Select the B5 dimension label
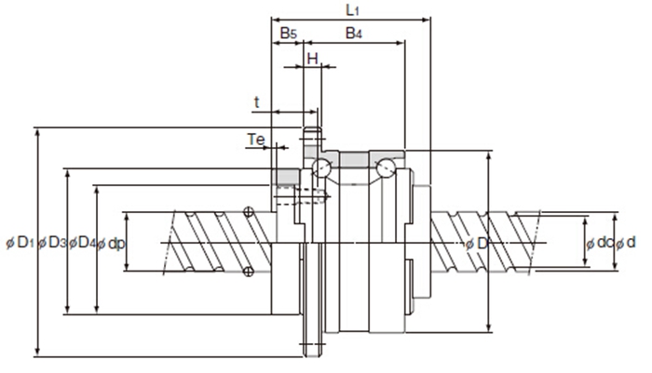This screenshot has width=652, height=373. [x=288, y=33]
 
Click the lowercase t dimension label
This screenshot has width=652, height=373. [x=255, y=100]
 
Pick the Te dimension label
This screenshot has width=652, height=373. [x=257, y=140]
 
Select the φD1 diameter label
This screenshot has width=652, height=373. [x=20, y=243]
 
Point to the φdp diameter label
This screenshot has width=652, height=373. [x=112, y=243]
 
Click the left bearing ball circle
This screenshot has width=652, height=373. [x=321, y=168]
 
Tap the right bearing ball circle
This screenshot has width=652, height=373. [x=384, y=168]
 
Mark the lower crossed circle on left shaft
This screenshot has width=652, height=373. [x=248, y=271]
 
